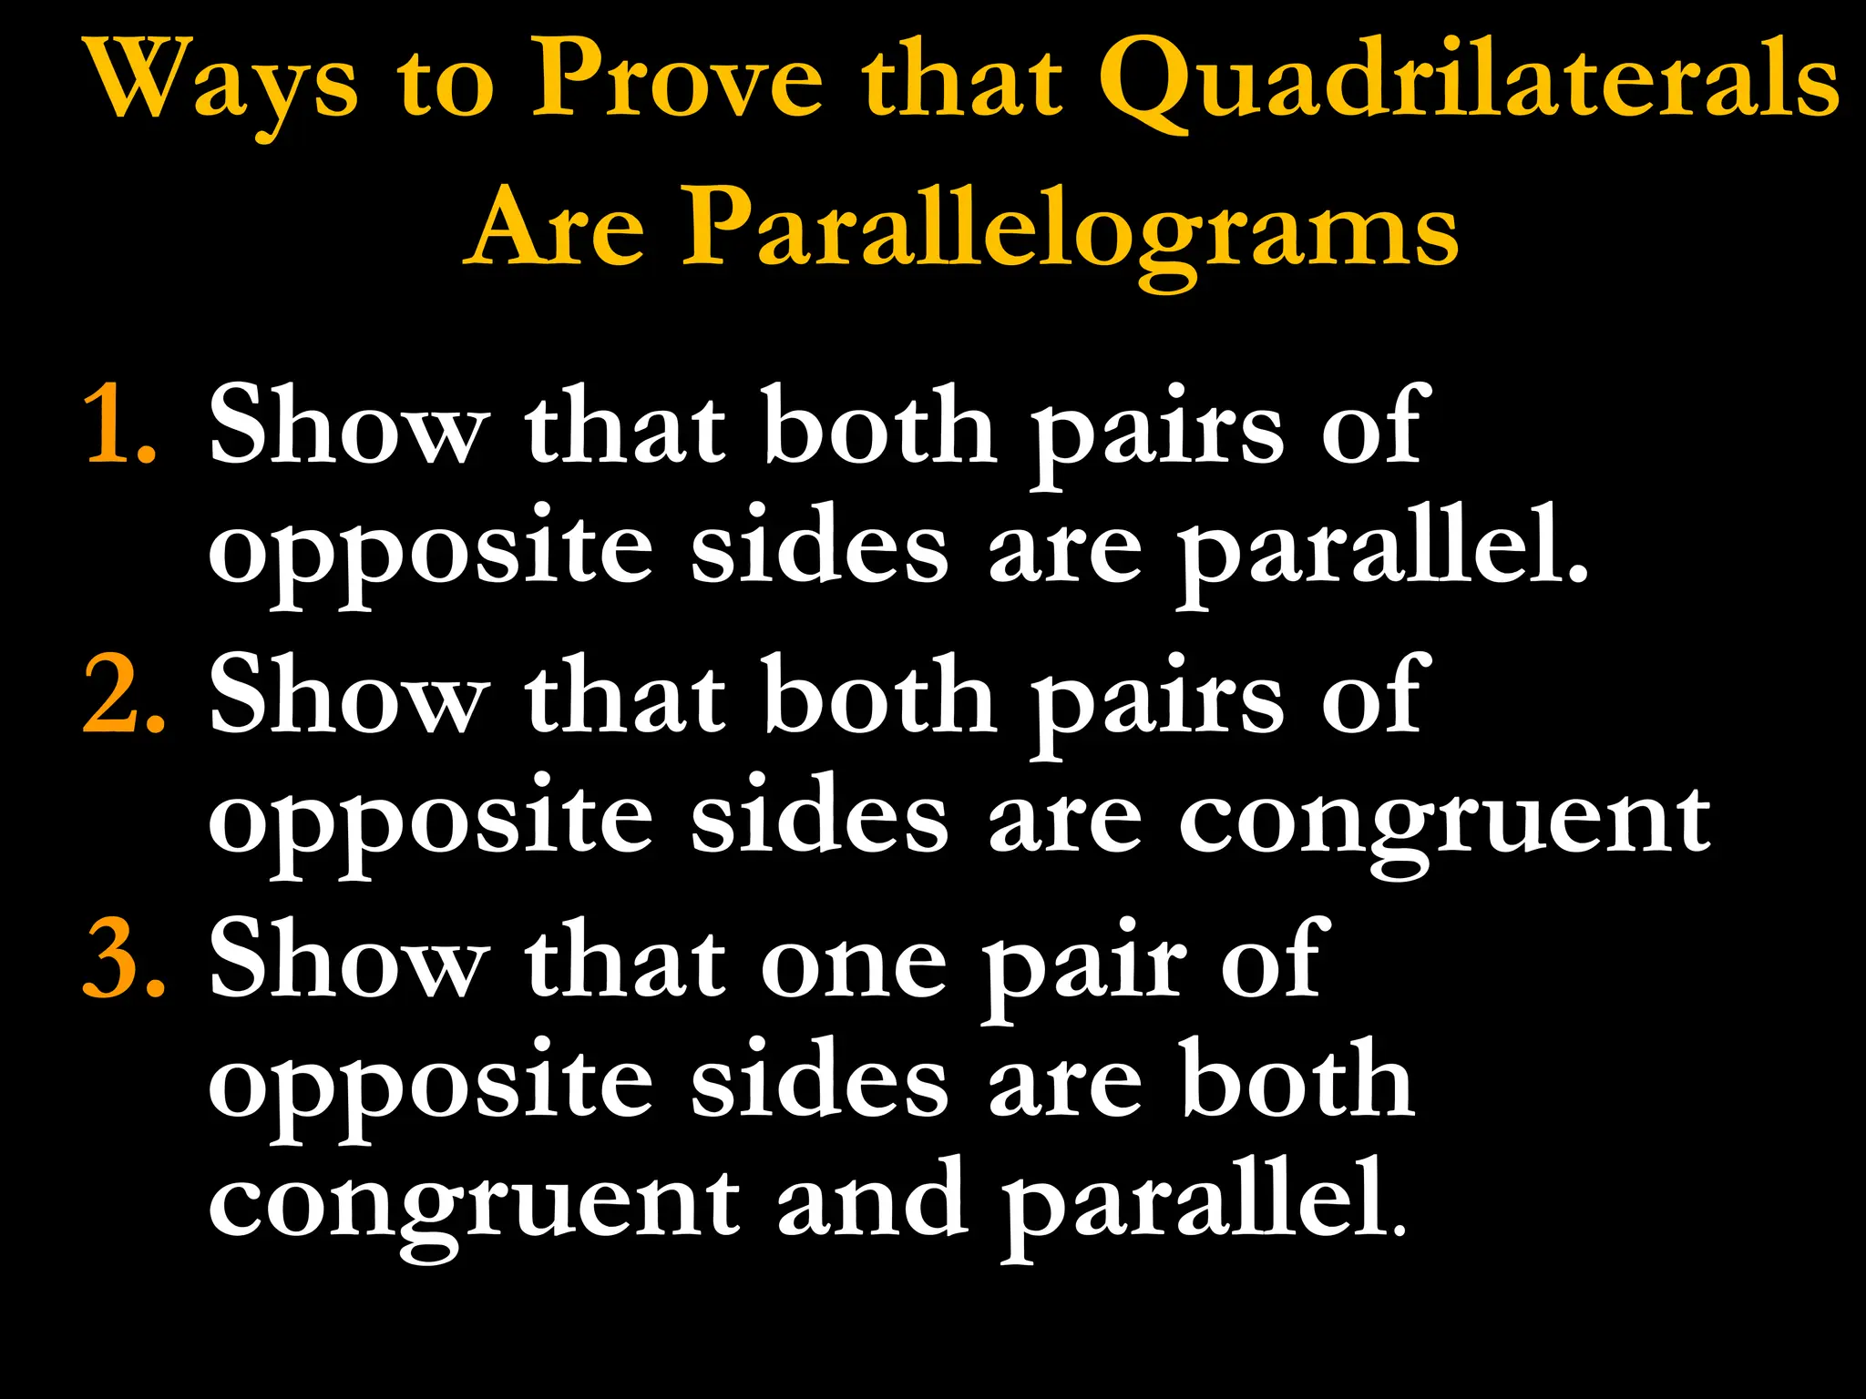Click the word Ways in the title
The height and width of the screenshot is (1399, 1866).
tap(224, 82)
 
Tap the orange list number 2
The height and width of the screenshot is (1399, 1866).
tap(123, 696)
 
